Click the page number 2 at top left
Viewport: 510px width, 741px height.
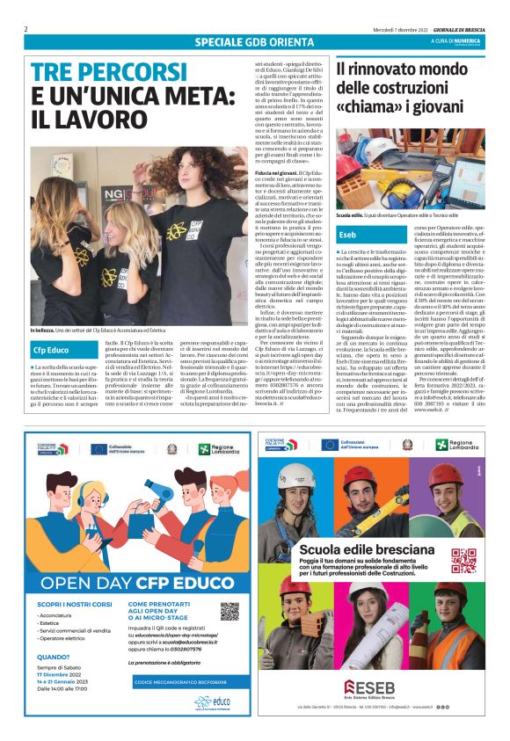[25, 28]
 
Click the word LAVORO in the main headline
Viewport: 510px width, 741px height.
[84, 120]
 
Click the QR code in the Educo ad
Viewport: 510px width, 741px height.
[229, 612]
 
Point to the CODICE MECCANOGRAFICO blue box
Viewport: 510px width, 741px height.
[186, 681]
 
